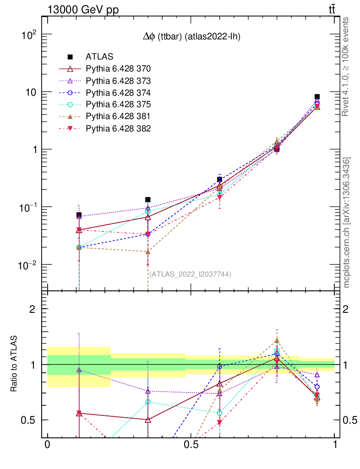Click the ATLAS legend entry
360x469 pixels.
(96, 57)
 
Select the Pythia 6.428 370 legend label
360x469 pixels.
(118, 69)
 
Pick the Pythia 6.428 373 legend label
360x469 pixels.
(118, 81)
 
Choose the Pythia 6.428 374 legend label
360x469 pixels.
(118, 93)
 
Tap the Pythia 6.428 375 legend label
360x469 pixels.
(118, 104)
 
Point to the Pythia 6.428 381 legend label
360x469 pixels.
(118, 116)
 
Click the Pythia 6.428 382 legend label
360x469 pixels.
(118, 128)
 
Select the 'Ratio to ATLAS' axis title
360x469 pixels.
(14, 365)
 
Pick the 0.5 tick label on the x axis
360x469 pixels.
(191, 445)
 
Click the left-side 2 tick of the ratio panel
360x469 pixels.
(33, 309)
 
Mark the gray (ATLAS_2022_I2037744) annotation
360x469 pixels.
(190, 274)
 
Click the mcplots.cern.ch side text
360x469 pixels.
(347, 222)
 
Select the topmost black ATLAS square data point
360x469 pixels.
(317, 97)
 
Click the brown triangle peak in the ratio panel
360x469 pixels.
(277, 341)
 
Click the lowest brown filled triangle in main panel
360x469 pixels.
(147, 252)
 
